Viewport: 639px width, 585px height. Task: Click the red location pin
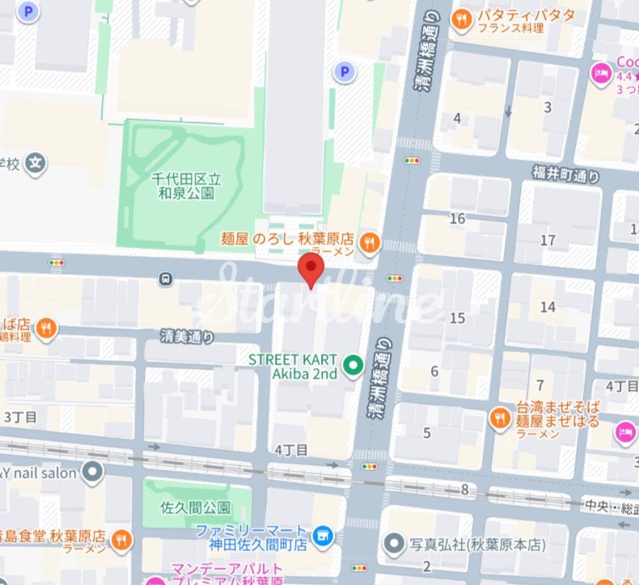point(311,269)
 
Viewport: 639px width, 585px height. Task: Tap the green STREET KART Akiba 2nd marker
point(353,367)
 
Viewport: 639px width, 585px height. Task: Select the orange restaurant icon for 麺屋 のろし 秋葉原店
point(370,240)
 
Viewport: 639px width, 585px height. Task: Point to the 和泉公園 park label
point(187,186)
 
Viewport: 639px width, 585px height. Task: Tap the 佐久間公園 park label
point(186,508)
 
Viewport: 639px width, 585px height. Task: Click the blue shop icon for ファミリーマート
point(324,535)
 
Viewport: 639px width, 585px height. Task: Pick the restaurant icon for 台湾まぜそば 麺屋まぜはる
point(499,417)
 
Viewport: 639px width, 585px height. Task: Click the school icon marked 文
point(35,164)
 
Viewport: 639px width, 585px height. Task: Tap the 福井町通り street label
point(566,174)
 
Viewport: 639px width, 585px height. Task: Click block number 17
point(548,240)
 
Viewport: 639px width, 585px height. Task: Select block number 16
point(458,218)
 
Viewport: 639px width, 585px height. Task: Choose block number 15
point(458,318)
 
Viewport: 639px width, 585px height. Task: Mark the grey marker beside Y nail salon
point(94,471)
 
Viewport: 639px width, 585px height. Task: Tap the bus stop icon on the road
point(166,279)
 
